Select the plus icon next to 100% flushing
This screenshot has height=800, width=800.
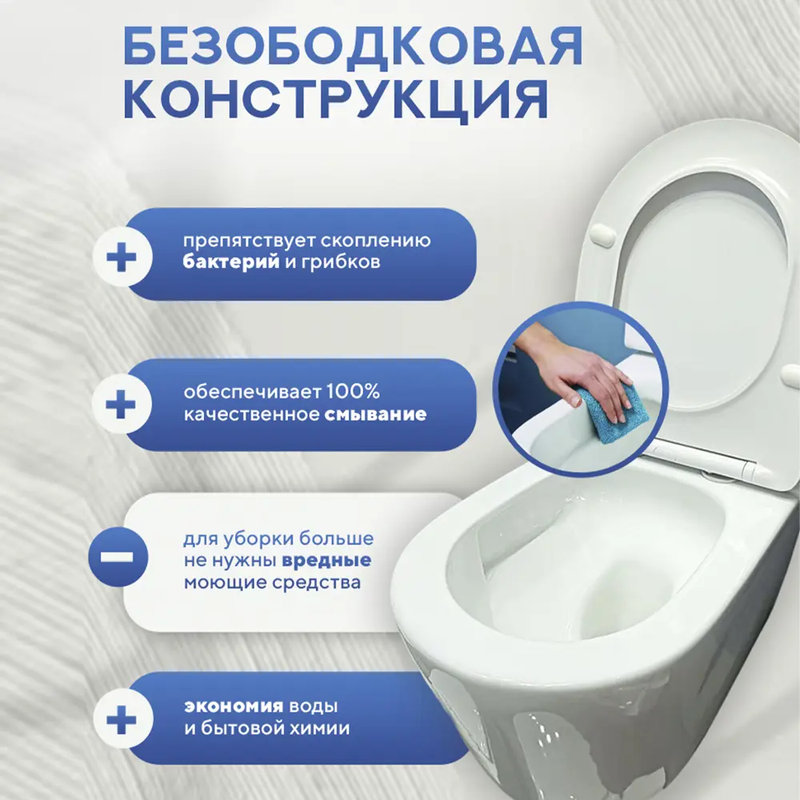coord(122,405)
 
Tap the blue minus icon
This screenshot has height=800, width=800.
coord(122,554)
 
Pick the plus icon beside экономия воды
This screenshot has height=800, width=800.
coord(122,718)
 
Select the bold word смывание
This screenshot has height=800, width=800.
coord(375,415)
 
